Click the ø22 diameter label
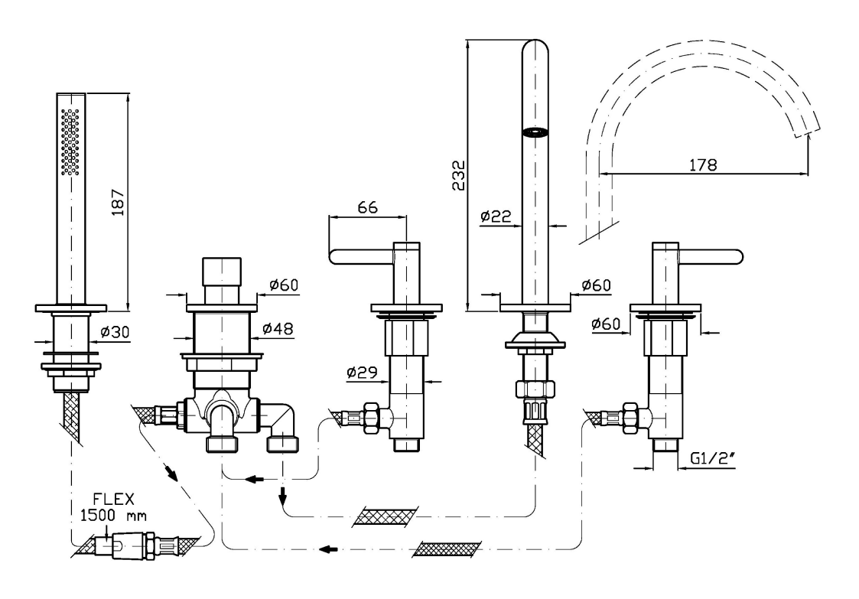tap(496, 216)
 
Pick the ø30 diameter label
tap(115, 333)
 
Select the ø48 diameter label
tap(278, 327)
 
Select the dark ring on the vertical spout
tap(535, 133)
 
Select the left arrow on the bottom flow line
tap(328, 549)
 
